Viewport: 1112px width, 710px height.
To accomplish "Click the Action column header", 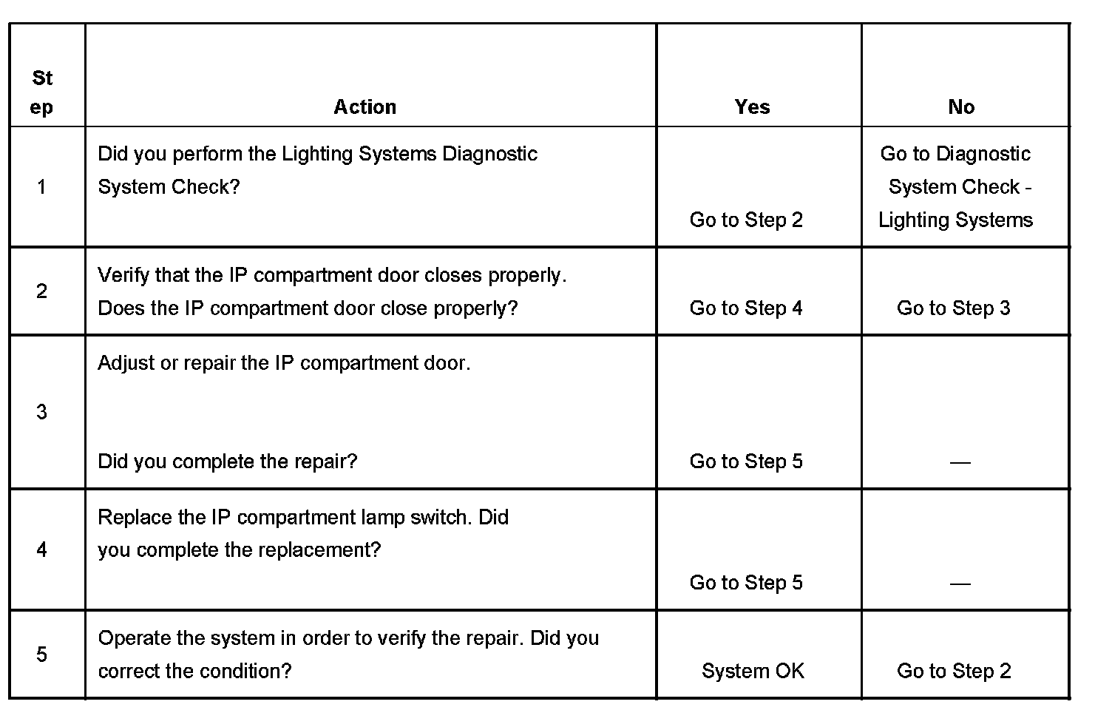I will point(365,107).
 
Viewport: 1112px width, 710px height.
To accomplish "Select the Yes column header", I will point(752,107).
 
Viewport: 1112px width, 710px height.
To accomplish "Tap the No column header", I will point(961,107).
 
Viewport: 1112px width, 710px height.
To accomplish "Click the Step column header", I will point(42,92).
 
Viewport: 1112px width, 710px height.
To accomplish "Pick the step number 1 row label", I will point(42,187).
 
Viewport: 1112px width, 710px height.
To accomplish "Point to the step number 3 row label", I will point(42,412).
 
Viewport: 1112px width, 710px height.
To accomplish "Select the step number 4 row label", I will point(42,550).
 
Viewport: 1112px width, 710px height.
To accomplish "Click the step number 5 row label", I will point(42,655).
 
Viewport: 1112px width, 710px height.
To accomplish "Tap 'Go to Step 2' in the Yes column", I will point(746,220).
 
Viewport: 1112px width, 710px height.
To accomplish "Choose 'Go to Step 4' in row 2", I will point(746,308).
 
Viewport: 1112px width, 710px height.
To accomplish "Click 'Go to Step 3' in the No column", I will point(953,308).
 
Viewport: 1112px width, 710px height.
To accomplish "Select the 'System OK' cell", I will point(753,671).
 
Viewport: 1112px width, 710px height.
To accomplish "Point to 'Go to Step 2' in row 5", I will point(953,671).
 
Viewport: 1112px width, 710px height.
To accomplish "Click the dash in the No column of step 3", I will point(960,462).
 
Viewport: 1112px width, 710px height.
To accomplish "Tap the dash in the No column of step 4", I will point(960,584).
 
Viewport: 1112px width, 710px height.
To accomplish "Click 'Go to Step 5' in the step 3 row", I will point(746,461).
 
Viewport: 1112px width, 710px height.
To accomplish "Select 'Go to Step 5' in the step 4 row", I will point(746,583).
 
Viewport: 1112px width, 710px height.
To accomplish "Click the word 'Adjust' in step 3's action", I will point(126,363).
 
